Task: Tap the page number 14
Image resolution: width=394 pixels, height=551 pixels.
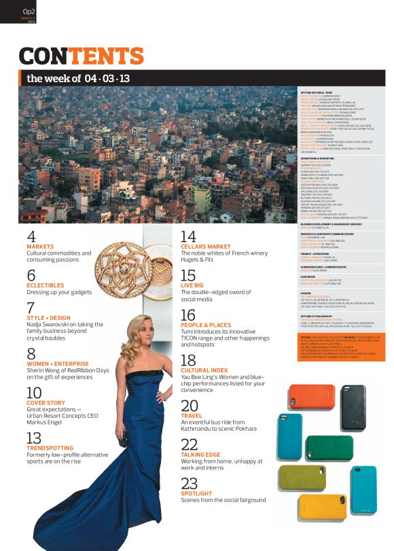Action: pos(188,238)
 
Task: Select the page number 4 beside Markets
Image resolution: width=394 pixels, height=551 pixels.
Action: pos(31,238)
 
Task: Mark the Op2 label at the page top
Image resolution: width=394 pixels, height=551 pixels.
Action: pos(29,12)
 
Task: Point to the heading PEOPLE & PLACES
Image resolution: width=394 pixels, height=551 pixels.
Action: pos(207,325)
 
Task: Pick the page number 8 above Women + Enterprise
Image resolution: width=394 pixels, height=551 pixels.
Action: pos(31,354)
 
